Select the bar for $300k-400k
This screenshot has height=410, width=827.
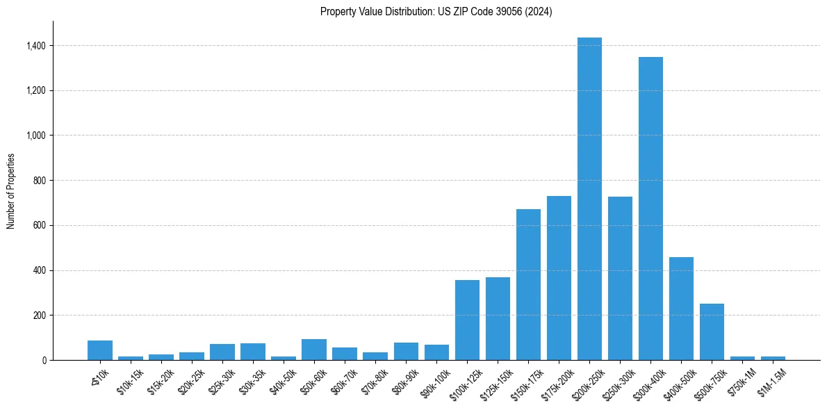pos(650,208)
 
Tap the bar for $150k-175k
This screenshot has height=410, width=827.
pos(528,285)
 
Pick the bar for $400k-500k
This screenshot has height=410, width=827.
pos(681,309)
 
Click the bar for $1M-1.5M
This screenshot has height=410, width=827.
pos(773,358)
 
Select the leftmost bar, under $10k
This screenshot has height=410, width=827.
pos(100,350)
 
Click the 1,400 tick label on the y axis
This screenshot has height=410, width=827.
pos(36,46)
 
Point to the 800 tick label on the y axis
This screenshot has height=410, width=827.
pos(40,181)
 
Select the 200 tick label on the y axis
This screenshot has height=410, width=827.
pos(40,315)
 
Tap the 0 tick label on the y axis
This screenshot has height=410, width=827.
pos(44,361)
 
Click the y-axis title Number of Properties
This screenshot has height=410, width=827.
pos(11,190)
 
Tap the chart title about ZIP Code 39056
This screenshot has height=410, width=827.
pos(436,12)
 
